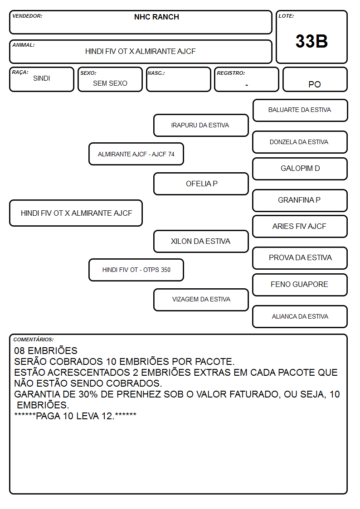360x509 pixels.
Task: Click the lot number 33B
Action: tap(311, 41)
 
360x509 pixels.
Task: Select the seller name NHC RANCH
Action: tap(156, 17)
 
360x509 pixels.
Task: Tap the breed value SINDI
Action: tap(42, 78)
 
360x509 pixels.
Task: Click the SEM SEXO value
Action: tap(110, 83)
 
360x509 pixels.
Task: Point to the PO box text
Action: tap(315, 84)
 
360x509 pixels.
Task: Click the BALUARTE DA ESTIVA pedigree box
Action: tap(300, 111)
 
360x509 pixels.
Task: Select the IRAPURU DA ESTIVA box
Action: tap(201, 125)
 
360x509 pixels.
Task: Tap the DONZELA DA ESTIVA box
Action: tap(300, 142)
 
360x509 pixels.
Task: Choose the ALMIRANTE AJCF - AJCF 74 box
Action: tap(136, 154)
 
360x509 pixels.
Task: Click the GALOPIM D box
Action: tap(300, 169)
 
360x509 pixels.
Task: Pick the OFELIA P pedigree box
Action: tap(201, 184)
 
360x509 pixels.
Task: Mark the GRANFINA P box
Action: tap(300, 200)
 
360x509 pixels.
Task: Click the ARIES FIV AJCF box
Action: tap(300, 226)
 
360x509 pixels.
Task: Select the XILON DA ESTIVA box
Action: tap(201, 241)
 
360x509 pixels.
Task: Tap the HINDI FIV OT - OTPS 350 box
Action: tap(136, 270)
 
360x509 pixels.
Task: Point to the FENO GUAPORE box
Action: tap(300, 285)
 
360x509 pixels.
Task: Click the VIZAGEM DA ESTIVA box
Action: tap(201, 300)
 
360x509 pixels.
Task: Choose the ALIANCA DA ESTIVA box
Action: tap(300, 316)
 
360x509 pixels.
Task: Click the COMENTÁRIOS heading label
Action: tap(34, 339)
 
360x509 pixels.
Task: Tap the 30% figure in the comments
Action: tap(88, 394)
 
